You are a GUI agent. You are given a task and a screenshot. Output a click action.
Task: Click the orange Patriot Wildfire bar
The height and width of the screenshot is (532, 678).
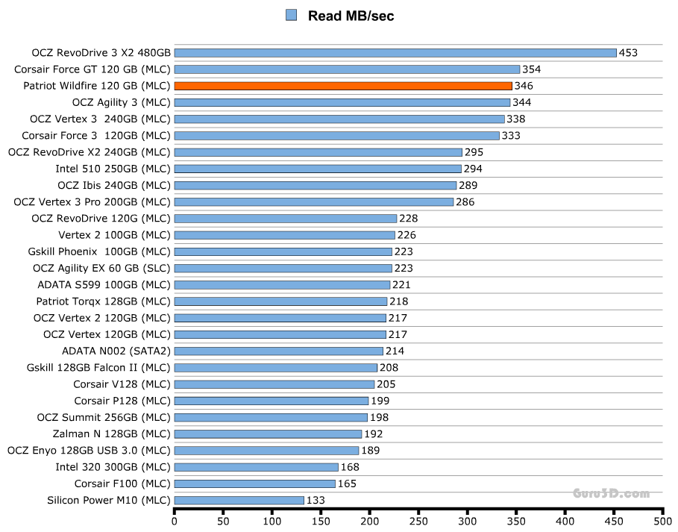point(343,86)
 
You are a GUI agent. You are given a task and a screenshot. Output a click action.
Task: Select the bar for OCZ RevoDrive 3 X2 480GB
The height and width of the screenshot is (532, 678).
point(395,53)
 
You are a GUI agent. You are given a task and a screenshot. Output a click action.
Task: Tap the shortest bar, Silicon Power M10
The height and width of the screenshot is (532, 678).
point(239,500)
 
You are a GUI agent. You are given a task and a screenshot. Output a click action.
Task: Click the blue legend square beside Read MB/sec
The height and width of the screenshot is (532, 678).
point(291,15)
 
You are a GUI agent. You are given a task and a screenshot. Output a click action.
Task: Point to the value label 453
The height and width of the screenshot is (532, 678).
point(628,53)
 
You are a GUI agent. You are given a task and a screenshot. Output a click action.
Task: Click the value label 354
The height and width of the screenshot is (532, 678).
point(532,69)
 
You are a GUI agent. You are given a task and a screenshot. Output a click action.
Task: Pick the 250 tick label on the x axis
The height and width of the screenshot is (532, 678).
point(419,522)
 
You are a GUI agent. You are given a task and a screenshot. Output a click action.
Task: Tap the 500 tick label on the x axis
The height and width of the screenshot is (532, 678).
point(663,522)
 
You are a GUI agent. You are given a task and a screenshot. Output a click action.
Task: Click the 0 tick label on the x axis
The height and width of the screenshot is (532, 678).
point(175,522)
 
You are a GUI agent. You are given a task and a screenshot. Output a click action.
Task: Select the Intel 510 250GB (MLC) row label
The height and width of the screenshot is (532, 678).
point(113,169)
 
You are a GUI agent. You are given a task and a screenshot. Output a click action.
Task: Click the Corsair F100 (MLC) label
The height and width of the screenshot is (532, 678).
point(122,484)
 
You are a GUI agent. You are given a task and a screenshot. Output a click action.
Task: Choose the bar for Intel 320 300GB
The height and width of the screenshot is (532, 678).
point(256,467)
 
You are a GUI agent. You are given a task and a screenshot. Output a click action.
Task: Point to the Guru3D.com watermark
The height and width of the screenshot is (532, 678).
point(611,493)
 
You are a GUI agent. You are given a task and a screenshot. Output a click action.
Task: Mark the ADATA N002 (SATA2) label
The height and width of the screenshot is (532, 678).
point(116,351)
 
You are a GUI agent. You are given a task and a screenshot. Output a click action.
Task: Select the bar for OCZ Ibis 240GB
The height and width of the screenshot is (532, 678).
point(315,185)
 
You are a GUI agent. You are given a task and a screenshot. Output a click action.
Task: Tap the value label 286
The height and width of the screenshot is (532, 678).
point(465,201)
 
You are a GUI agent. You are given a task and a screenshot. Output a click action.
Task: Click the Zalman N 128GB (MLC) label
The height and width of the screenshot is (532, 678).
point(112,434)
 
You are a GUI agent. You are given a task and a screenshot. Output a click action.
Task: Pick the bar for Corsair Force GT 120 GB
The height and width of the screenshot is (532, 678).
point(347,69)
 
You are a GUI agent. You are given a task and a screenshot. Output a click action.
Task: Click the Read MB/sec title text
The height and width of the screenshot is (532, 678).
point(351,16)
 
